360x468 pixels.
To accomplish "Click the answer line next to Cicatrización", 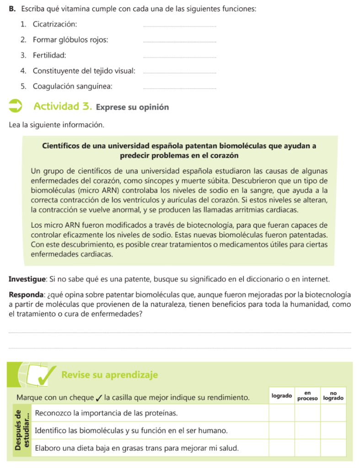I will coord(179,26).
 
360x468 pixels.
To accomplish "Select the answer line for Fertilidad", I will coord(179,57).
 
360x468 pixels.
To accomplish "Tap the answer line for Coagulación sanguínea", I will coord(179,88).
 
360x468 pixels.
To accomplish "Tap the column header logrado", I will coord(281,396).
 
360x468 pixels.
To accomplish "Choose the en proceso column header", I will coord(307,396).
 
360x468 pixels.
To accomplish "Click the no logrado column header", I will coord(333,396).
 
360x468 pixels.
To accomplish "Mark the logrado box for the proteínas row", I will coord(281,413).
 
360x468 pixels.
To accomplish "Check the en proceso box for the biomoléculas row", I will coord(307,431).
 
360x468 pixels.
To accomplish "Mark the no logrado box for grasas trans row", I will coord(333,448).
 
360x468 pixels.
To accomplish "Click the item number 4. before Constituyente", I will coord(23,71).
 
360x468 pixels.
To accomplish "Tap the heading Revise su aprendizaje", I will coord(109,375).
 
